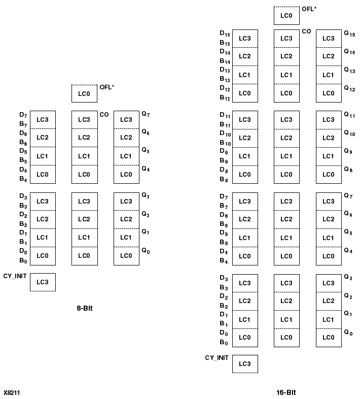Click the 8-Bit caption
[x=85, y=308]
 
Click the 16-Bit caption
[x=286, y=392]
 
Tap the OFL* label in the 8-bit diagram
[x=107, y=87]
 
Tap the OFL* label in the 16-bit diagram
[x=309, y=9]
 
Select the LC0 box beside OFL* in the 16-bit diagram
[x=286, y=16]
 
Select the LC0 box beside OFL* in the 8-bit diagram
[x=84, y=94]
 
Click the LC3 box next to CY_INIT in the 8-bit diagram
[x=43, y=282]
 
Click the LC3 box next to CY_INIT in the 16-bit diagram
[x=245, y=364]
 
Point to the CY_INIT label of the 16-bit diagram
[x=217, y=358]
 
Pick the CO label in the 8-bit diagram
[x=104, y=115]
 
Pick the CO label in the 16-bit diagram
[x=307, y=31]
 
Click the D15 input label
[x=225, y=34]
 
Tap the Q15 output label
[x=349, y=34]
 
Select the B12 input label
[x=225, y=97]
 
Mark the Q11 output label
[x=349, y=115]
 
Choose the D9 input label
[x=224, y=151]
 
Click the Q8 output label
[x=348, y=170]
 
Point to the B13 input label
[x=225, y=79]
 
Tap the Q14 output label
[x=349, y=52]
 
